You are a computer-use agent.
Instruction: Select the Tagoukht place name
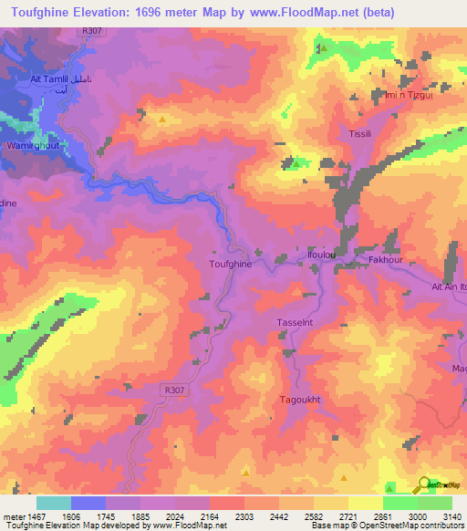(300, 400)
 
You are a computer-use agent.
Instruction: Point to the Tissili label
(352, 134)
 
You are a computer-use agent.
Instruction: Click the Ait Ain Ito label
(448, 286)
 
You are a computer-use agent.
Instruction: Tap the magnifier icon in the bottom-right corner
(422, 486)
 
